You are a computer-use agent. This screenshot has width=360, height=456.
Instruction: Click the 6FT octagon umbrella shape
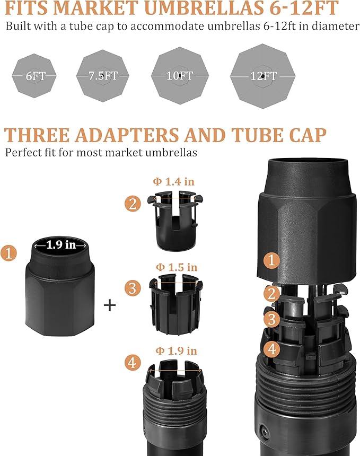(x=34, y=76)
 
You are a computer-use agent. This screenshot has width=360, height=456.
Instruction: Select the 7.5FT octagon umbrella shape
(x=103, y=76)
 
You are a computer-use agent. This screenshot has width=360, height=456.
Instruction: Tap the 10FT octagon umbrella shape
(x=180, y=76)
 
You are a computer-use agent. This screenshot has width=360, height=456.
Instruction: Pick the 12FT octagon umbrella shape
(x=263, y=76)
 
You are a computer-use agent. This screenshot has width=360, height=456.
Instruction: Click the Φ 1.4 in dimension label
(x=173, y=181)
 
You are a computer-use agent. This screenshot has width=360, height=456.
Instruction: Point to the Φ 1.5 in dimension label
(x=177, y=267)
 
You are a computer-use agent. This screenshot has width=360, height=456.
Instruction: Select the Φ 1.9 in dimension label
(x=176, y=350)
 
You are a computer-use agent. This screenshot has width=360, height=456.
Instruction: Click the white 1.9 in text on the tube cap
(x=61, y=245)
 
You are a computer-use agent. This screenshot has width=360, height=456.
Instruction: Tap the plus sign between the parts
(x=110, y=305)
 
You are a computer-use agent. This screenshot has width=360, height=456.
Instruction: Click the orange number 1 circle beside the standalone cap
(x=8, y=253)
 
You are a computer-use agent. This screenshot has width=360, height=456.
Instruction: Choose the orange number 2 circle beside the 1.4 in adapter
(x=133, y=203)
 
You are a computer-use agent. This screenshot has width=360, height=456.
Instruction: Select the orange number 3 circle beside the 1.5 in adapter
(x=133, y=288)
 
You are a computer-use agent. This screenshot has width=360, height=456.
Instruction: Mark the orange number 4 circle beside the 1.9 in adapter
(x=133, y=363)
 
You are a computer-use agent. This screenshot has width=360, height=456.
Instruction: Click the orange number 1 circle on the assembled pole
(x=271, y=260)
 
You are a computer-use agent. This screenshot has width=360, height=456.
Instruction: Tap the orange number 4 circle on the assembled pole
(x=272, y=348)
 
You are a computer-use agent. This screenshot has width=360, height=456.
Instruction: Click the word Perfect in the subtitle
(x=22, y=152)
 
